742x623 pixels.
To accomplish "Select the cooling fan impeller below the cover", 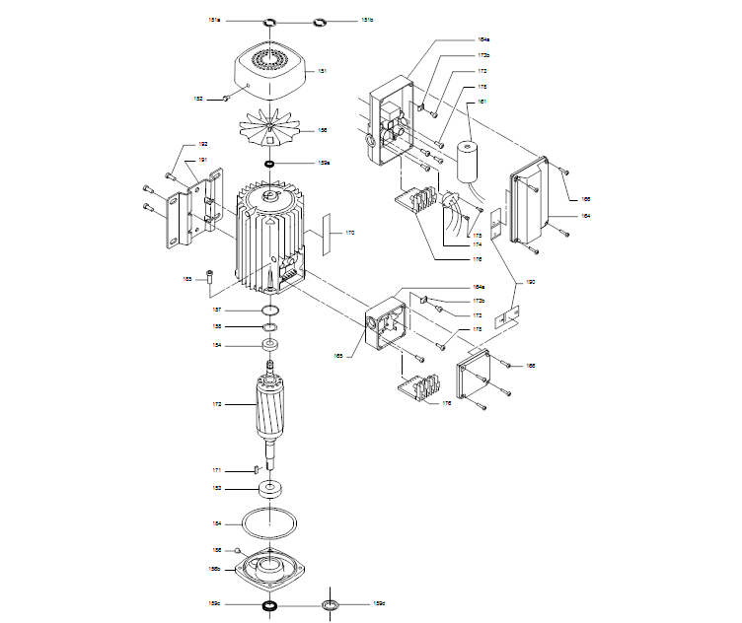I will click(x=269, y=130).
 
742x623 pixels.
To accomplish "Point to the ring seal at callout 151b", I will click(x=320, y=21).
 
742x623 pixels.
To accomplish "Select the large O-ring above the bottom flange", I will click(x=269, y=522).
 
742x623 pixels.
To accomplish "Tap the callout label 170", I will click(x=348, y=234).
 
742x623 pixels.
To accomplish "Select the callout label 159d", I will click(x=378, y=603).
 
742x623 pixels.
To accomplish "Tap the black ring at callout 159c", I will click(x=269, y=604).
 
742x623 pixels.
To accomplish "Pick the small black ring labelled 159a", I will click(x=269, y=164).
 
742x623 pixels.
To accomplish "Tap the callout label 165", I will click(x=337, y=355).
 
